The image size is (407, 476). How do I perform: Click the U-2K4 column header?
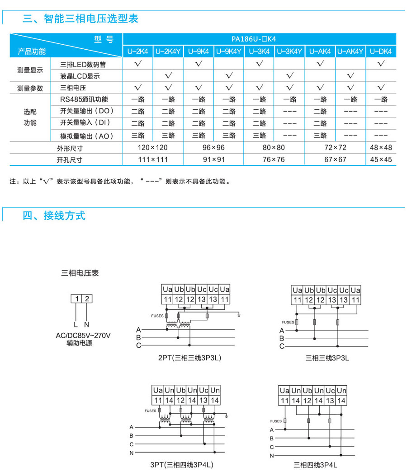[138, 51]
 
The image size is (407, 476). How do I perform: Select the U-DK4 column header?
[381, 51]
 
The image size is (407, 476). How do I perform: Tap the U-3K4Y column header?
[289, 51]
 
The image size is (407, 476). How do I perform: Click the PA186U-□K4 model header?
[260, 39]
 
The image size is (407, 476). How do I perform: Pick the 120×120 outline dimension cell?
[153, 147]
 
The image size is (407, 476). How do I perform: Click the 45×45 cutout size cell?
[381, 159]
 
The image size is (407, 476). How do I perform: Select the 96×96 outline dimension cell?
[214, 147]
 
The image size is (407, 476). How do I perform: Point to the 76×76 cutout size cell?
[274, 159]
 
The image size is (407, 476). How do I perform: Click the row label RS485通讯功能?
[84, 99]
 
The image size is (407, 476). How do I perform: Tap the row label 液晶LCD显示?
[80, 76]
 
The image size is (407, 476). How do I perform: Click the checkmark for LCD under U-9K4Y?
[229, 75]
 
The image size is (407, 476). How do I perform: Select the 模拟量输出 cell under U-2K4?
[138, 135]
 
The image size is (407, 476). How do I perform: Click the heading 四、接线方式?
[54, 215]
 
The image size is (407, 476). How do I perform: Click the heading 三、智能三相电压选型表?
[80, 19]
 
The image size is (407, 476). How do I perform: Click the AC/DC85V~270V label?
[83, 336]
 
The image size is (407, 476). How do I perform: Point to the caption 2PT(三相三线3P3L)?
[189, 358]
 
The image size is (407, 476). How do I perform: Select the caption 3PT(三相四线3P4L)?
[182, 464]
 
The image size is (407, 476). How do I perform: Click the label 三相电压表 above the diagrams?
[80, 273]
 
